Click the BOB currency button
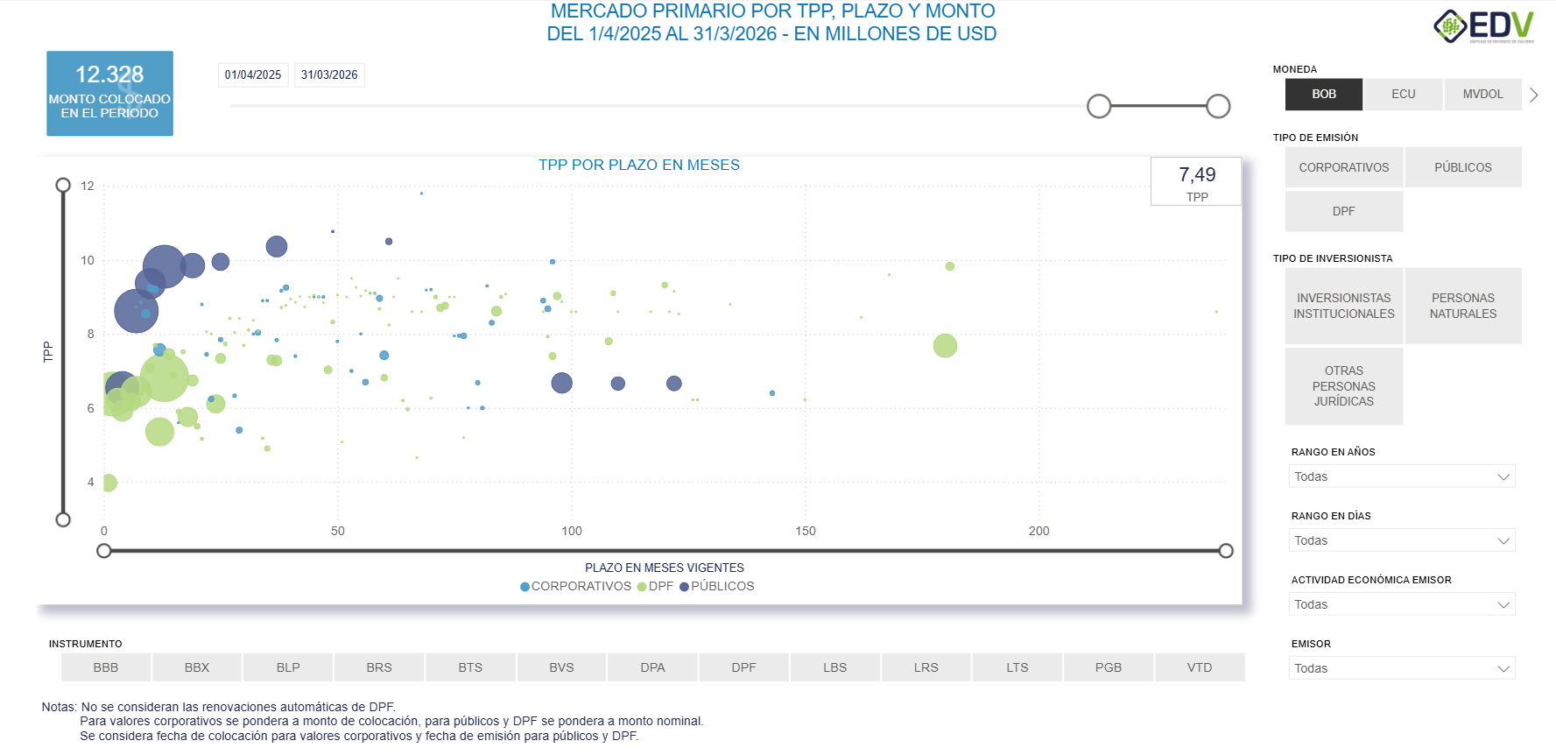[1323, 95]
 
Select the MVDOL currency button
[1482, 95]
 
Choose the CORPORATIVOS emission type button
[1343, 167]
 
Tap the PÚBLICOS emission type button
[1462, 167]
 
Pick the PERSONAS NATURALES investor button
[1462, 306]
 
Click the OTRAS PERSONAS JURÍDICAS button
[1343, 386]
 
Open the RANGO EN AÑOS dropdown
[1401, 476]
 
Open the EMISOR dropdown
[1401, 668]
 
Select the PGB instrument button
[1108, 667]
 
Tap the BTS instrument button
[470, 667]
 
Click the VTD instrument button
[1199, 667]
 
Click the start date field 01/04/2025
[253, 75]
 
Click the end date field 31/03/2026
[329, 75]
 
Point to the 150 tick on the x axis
[806, 531]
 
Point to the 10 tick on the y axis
[88, 260]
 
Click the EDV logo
[1483, 26]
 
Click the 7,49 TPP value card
[1196, 181]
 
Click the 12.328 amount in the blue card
[109, 74]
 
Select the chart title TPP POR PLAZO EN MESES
[638, 166]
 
